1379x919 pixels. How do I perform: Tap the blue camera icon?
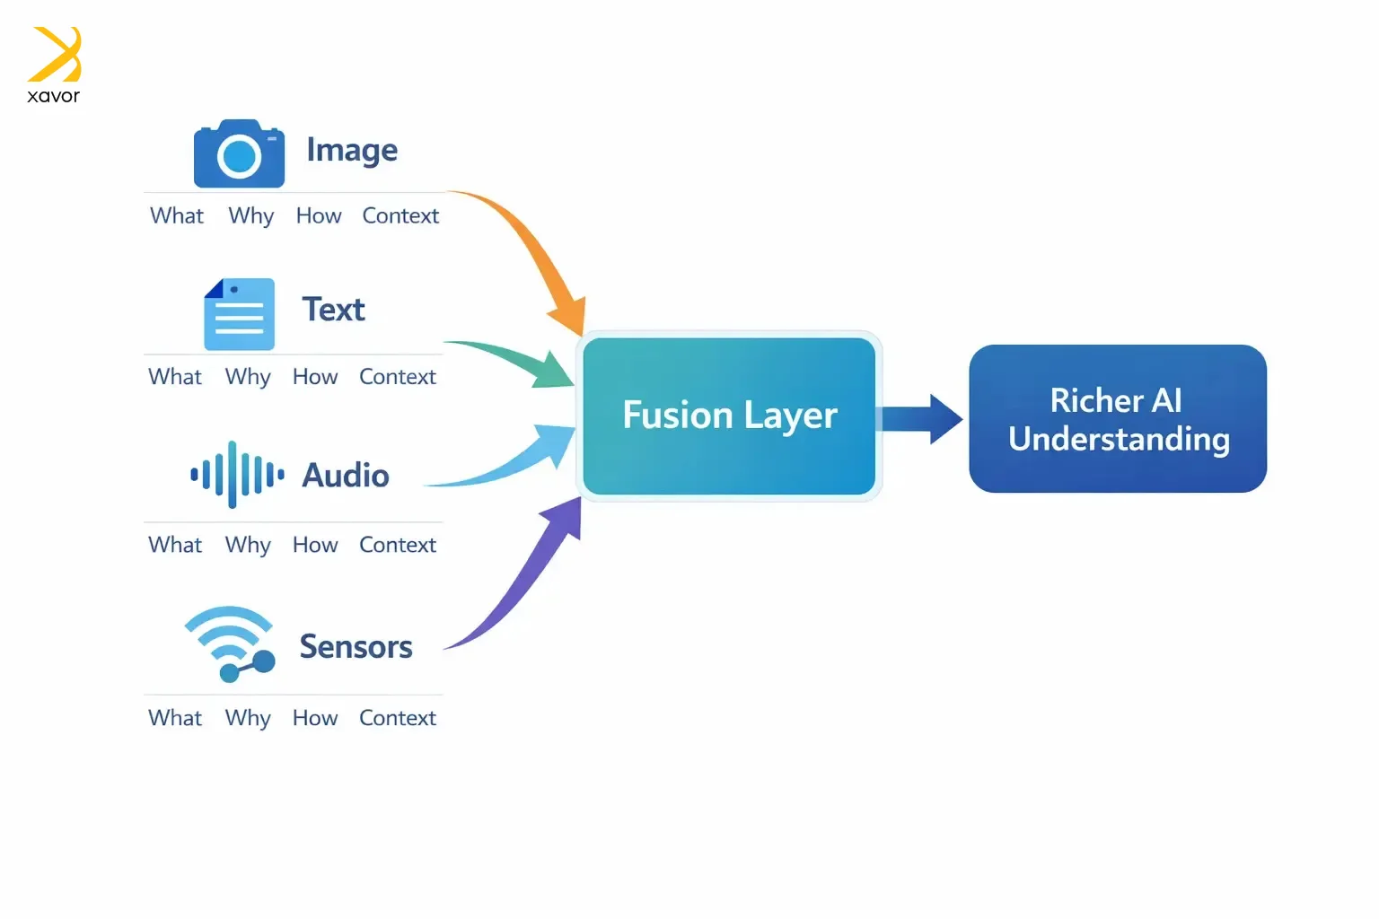tap(239, 154)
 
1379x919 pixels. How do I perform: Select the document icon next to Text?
tap(239, 314)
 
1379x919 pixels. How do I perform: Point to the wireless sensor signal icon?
tap(230, 643)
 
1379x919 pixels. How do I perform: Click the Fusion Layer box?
tap(729, 416)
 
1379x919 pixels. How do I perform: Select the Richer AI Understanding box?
tap(1118, 419)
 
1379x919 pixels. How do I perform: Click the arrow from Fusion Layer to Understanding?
tap(920, 418)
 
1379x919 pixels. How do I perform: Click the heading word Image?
tap(352, 150)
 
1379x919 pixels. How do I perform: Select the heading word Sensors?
tap(356, 646)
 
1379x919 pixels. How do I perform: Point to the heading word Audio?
tap(346, 476)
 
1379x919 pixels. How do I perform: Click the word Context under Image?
tap(400, 215)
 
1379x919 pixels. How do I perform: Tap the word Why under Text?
tap(248, 377)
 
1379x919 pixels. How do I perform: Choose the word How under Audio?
tap(315, 545)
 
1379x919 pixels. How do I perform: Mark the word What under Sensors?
tap(175, 718)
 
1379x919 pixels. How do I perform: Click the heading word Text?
tap(333, 310)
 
